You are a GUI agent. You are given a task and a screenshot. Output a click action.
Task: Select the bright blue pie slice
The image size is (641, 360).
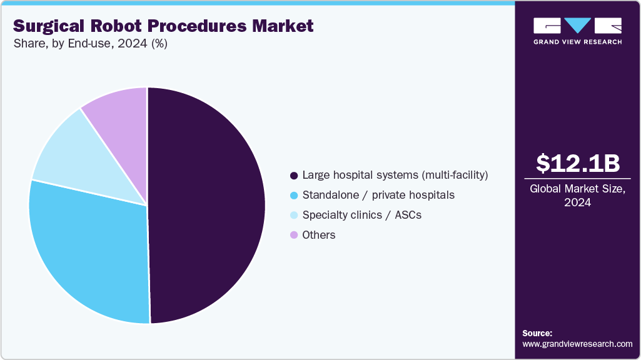(x=88, y=250)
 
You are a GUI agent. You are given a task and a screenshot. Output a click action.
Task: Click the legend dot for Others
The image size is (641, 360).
(x=293, y=235)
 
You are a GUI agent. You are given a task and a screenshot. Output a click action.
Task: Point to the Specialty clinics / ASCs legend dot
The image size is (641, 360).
(x=293, y=215)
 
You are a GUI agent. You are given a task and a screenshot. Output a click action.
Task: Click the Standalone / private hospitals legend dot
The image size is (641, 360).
(x=293, y=195)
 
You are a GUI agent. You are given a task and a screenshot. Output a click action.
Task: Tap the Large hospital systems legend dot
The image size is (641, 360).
(x=293, y=175)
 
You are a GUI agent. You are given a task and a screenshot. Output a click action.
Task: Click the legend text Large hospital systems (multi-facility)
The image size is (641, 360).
(x=395, y=175)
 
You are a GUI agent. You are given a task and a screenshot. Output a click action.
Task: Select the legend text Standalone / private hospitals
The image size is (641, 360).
(x=378, y=195)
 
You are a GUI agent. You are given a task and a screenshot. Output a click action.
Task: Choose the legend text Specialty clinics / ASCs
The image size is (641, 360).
(x=362, y=215)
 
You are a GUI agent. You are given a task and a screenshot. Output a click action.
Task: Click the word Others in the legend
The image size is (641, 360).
(x=319, y=235)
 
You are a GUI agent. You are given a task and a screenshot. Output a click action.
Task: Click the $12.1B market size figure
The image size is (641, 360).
(x=578, y=163)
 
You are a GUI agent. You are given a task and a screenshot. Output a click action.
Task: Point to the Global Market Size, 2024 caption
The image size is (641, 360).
(x=578, y=196)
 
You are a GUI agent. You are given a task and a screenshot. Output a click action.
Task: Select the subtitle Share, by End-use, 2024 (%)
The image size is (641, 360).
(x=90, y=44)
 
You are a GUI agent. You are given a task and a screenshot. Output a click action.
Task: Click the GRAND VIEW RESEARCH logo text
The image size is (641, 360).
(x=577, y=42)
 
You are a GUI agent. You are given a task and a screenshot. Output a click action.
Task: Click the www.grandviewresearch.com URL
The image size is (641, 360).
(x=577, y=344)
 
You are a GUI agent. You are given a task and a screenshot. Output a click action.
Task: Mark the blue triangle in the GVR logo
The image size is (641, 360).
(x=577, y=25)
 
